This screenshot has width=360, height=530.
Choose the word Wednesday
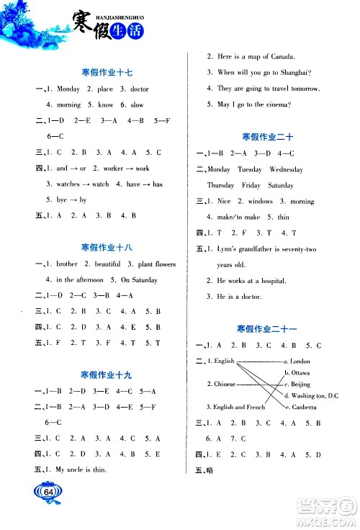point(286,170)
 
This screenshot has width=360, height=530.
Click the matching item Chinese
point(225,384)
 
